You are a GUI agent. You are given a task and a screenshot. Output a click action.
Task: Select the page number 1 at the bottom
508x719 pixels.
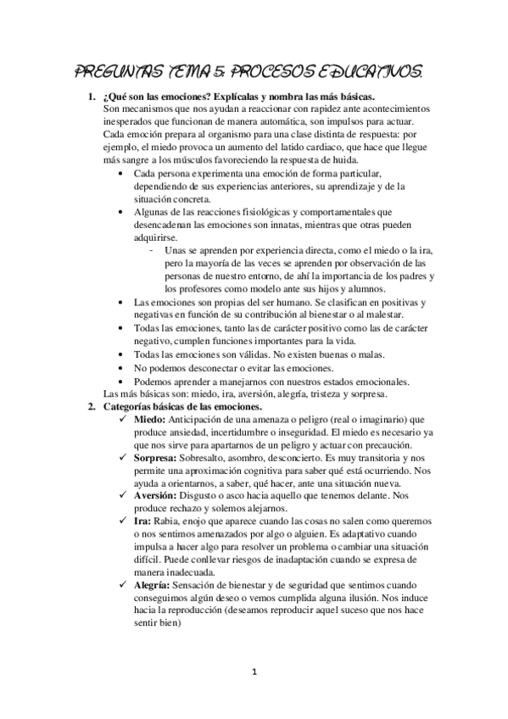click(254, 672)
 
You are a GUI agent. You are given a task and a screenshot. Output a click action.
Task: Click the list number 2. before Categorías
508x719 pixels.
click(93, 407)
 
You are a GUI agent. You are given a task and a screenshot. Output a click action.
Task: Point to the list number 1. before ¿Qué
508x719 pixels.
click(93, 98)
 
